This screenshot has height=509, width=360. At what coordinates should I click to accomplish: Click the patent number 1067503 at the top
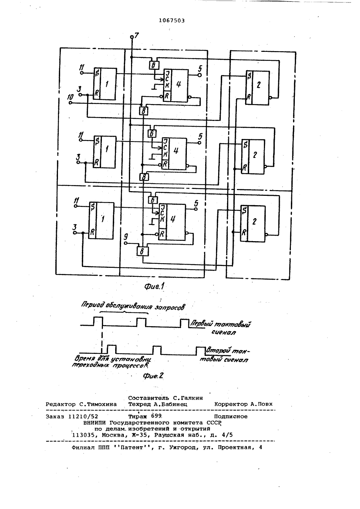click(172, 21)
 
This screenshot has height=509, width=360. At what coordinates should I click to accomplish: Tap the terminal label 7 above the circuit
click(136, 35)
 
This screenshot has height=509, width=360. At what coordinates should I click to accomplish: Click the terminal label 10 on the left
click(71, 97)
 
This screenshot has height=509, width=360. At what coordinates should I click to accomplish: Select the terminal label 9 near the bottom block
click(125, 238)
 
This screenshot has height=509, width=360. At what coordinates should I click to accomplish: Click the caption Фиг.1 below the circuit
click(154, 286)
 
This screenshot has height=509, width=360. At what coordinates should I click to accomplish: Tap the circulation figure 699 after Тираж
click(156, 416)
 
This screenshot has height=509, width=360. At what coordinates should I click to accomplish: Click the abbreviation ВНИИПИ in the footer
click(95, 423)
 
